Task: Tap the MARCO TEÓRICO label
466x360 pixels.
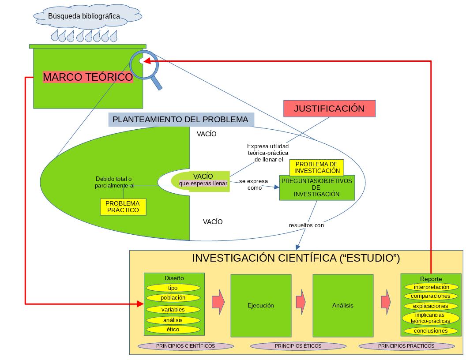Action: [88, 77]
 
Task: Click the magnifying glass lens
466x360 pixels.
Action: [144, 64]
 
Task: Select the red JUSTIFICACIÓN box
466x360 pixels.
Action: [329, 109]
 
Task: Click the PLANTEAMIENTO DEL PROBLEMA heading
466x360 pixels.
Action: [180, 120]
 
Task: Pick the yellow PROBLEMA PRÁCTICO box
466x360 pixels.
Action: [123, 206]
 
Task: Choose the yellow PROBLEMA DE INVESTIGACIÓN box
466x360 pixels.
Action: [317, 168]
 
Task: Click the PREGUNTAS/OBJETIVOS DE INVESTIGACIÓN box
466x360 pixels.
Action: [317, 187]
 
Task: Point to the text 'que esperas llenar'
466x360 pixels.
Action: [203, 184]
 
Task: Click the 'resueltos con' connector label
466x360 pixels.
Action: [306, 225]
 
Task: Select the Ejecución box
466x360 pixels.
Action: [261, 305]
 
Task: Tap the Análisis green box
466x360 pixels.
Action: [342, 305]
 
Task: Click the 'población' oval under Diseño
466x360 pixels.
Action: [173, 298]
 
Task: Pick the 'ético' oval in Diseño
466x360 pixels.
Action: [173, 330]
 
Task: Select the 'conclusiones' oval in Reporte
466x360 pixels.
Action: [430, 331]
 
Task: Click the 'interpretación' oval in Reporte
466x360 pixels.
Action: [430, 287]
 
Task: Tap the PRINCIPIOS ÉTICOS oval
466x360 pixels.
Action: [298, 346]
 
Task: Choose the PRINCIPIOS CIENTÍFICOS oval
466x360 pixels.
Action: [185, 346]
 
